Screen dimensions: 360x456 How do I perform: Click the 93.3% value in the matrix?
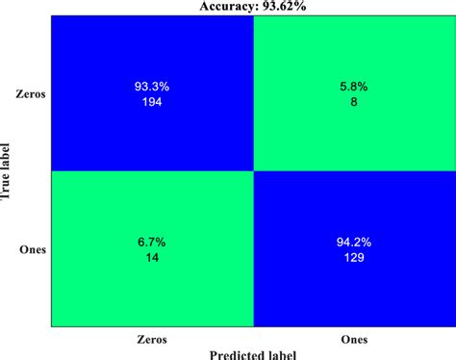tap(151, 87)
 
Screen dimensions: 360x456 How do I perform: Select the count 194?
tap(151, 101)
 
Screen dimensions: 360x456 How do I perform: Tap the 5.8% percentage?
tap(352, 87)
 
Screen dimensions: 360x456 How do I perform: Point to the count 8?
tap(352, 101)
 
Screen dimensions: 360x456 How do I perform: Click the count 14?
tap(151, 259)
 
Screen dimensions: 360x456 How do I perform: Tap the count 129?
tap(352, 259)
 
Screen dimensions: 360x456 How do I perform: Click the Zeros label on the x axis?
tap(151, 339)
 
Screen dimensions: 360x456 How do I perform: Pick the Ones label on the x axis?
tap(352, 339)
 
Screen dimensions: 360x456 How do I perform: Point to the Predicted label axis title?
tap(252, 353)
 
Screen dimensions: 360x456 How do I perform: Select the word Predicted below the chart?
tap(231, 353)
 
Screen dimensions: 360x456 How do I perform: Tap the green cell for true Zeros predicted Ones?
tap(352, 58)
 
